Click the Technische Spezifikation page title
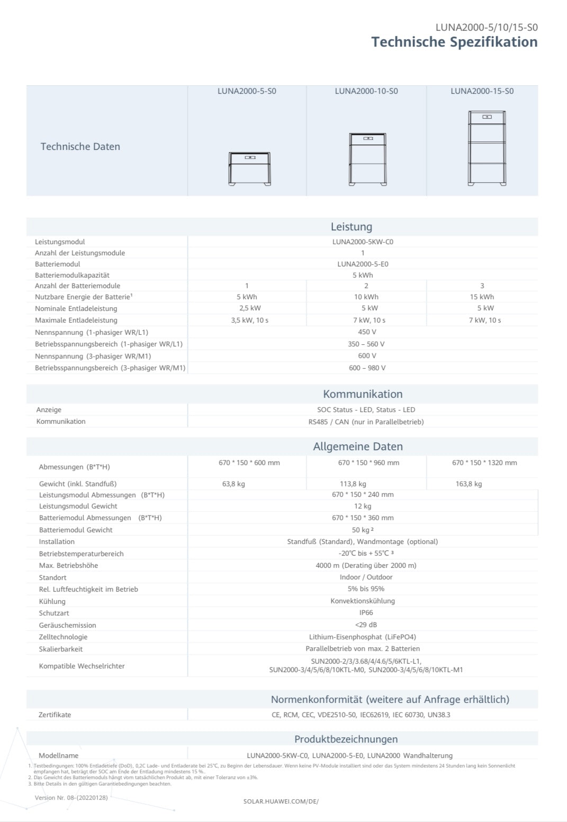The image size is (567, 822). (x=454, y=42)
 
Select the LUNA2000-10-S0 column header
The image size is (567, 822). (x=366, y=91)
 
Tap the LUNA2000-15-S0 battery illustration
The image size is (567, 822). (x=487, y=148)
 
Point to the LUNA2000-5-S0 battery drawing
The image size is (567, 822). (x=250, y=168)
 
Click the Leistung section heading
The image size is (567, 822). (x=351, y=227)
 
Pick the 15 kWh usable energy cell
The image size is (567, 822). (x=482, y=297)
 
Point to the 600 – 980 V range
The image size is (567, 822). (x=367, y=368)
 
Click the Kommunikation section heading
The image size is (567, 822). (x=363, y=394)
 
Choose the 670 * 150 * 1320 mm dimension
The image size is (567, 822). (x=484, y=463)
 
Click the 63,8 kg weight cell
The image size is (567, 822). (x=233, y=484)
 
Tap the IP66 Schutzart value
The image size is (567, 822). (x=366, y=613)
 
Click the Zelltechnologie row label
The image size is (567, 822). (x=63, y=637)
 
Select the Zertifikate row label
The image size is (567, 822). (x=55, y=715)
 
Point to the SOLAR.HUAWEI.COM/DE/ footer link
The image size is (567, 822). (x=281, y=801)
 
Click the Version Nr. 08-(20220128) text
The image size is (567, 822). (x=71, y=798)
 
